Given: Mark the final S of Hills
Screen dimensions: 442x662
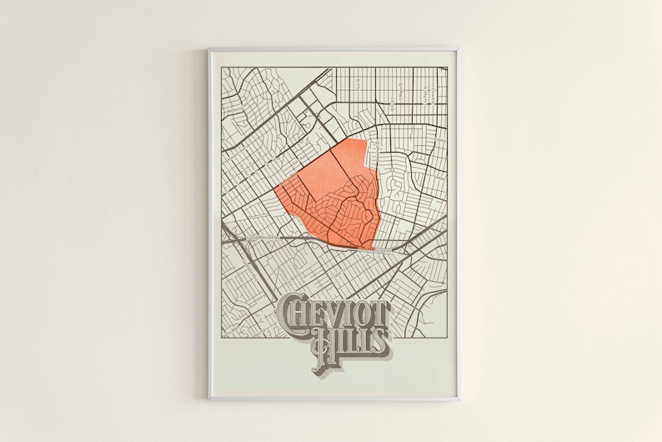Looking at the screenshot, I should (379, 340).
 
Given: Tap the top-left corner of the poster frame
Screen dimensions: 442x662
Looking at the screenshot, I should (209, 50).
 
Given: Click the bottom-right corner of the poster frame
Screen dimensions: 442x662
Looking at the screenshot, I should (457, 399).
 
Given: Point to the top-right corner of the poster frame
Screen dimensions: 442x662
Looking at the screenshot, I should (457, 50).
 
